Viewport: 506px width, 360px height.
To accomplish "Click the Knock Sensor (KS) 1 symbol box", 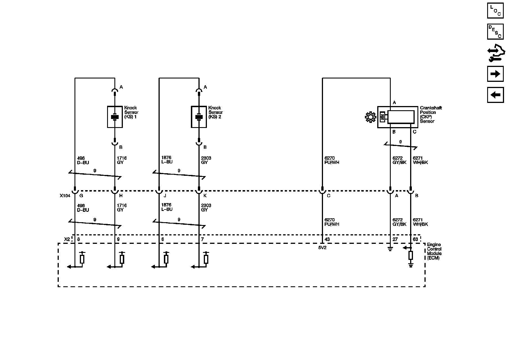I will (x=115, y=117).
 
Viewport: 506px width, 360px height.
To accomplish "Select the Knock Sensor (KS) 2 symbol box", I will (x=199, y=117).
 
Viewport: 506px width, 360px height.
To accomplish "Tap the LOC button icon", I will (x=495, y=10).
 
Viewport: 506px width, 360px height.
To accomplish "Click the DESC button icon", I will (x=495, y=31).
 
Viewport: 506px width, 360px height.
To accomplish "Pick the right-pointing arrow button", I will (x=495, y=74).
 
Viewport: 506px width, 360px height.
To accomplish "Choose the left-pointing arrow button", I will (x=495, y=95).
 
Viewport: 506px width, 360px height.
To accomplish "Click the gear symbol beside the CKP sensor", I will (x=370, y=117).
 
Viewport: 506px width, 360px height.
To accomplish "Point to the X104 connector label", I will (x=65, y=196).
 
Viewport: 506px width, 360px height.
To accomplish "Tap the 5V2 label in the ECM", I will (x=322, y=248).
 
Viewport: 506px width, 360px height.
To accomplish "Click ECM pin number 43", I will (x=327, y=239).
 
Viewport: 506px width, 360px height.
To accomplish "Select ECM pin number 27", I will (x=395, y=239).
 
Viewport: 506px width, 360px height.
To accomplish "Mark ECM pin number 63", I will (x=415, y=239).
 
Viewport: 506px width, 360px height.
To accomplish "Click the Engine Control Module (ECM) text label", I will (x=434, y=251).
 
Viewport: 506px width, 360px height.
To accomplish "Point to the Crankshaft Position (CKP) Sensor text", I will (x=431, y=114).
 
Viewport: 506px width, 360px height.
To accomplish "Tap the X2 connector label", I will (x=67, y=239).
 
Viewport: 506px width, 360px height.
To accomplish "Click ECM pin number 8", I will (x=78, y=239).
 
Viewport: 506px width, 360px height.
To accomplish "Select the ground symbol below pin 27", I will (x=390, y=249).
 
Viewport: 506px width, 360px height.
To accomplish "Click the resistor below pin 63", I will (x=411, y=255).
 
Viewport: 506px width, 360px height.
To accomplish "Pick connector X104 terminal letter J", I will (x=165, y=196).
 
